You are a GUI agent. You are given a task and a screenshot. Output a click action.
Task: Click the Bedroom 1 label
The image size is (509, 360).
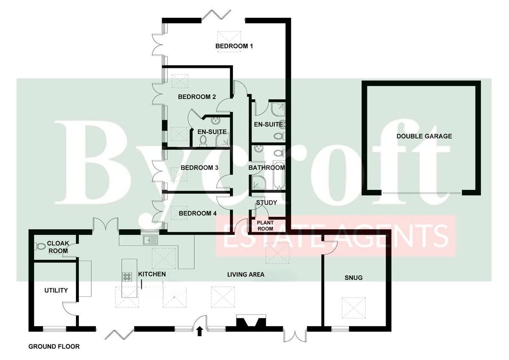click(x=234, y=46)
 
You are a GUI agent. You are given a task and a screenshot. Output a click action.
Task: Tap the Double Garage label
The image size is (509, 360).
click(x=424, y=136)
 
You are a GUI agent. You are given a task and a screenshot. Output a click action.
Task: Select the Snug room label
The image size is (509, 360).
click(x=353, y=278)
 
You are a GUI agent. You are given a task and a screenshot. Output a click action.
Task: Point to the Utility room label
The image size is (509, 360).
click(x=56, y=290)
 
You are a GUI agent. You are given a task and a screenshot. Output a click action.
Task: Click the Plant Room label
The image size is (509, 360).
click(x=265, y=225)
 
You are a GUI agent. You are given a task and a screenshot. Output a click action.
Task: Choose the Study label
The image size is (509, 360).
click(x=266, y=202)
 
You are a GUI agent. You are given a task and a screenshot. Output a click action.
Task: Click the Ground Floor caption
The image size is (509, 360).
click(x=54, y=346)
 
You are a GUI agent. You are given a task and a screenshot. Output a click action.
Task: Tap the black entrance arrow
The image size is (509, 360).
click(x=199, y=332)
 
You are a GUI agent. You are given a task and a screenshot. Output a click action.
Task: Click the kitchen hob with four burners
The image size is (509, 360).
click(x=127, y=276)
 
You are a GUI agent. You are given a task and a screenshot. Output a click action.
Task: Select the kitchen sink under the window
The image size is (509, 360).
click(x=150, y=240)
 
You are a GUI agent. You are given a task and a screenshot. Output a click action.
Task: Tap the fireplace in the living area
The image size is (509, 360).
click(x=251, y=321)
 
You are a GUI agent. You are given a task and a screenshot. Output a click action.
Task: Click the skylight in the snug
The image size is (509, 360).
click(x=353, y=308)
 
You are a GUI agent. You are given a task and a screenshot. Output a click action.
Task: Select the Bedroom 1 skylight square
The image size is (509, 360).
click(x=229, y=42)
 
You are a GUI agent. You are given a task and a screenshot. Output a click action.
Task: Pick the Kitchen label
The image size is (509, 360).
click(x=152, y=274)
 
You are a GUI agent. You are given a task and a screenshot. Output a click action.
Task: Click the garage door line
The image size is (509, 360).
click(x=422, y=193)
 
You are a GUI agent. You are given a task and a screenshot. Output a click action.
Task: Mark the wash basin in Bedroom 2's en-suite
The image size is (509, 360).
click(x=215, y=121)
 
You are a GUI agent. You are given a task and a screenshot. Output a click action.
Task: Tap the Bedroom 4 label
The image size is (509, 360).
click(x=198, y=213)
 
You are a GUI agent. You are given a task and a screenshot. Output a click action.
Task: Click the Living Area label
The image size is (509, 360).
click(x=246, y=275)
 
